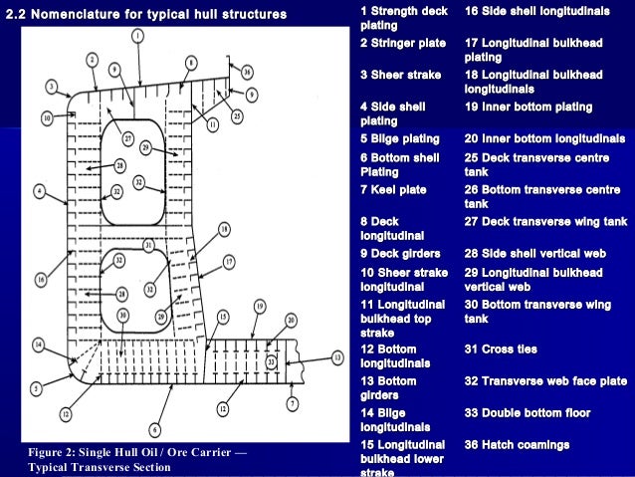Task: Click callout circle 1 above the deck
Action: (137, 35)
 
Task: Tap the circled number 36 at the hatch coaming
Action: (247, 72)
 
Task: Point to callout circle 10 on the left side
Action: (47, 118)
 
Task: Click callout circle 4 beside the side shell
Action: (38, 188)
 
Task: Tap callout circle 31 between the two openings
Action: (147, 244)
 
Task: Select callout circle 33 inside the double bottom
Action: (272, 362)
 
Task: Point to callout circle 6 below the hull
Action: (154, 429)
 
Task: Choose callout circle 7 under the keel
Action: (292, 402)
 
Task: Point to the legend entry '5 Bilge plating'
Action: (399, 138)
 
